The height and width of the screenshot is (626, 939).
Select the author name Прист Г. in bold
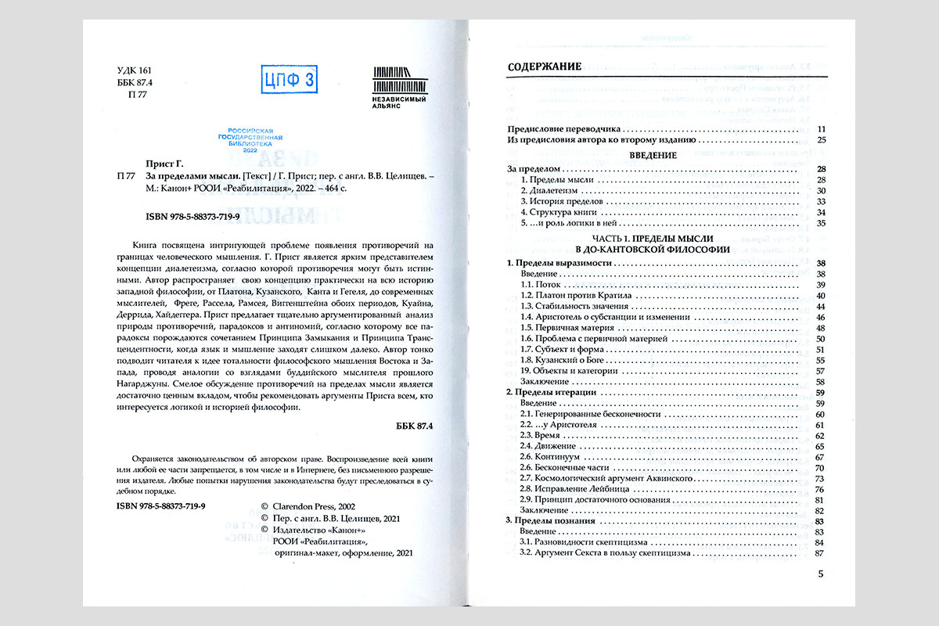pos(164,165)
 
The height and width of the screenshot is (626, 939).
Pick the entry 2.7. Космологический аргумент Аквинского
pos(611,478)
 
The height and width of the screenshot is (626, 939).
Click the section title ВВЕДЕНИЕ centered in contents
pos(653,156)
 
